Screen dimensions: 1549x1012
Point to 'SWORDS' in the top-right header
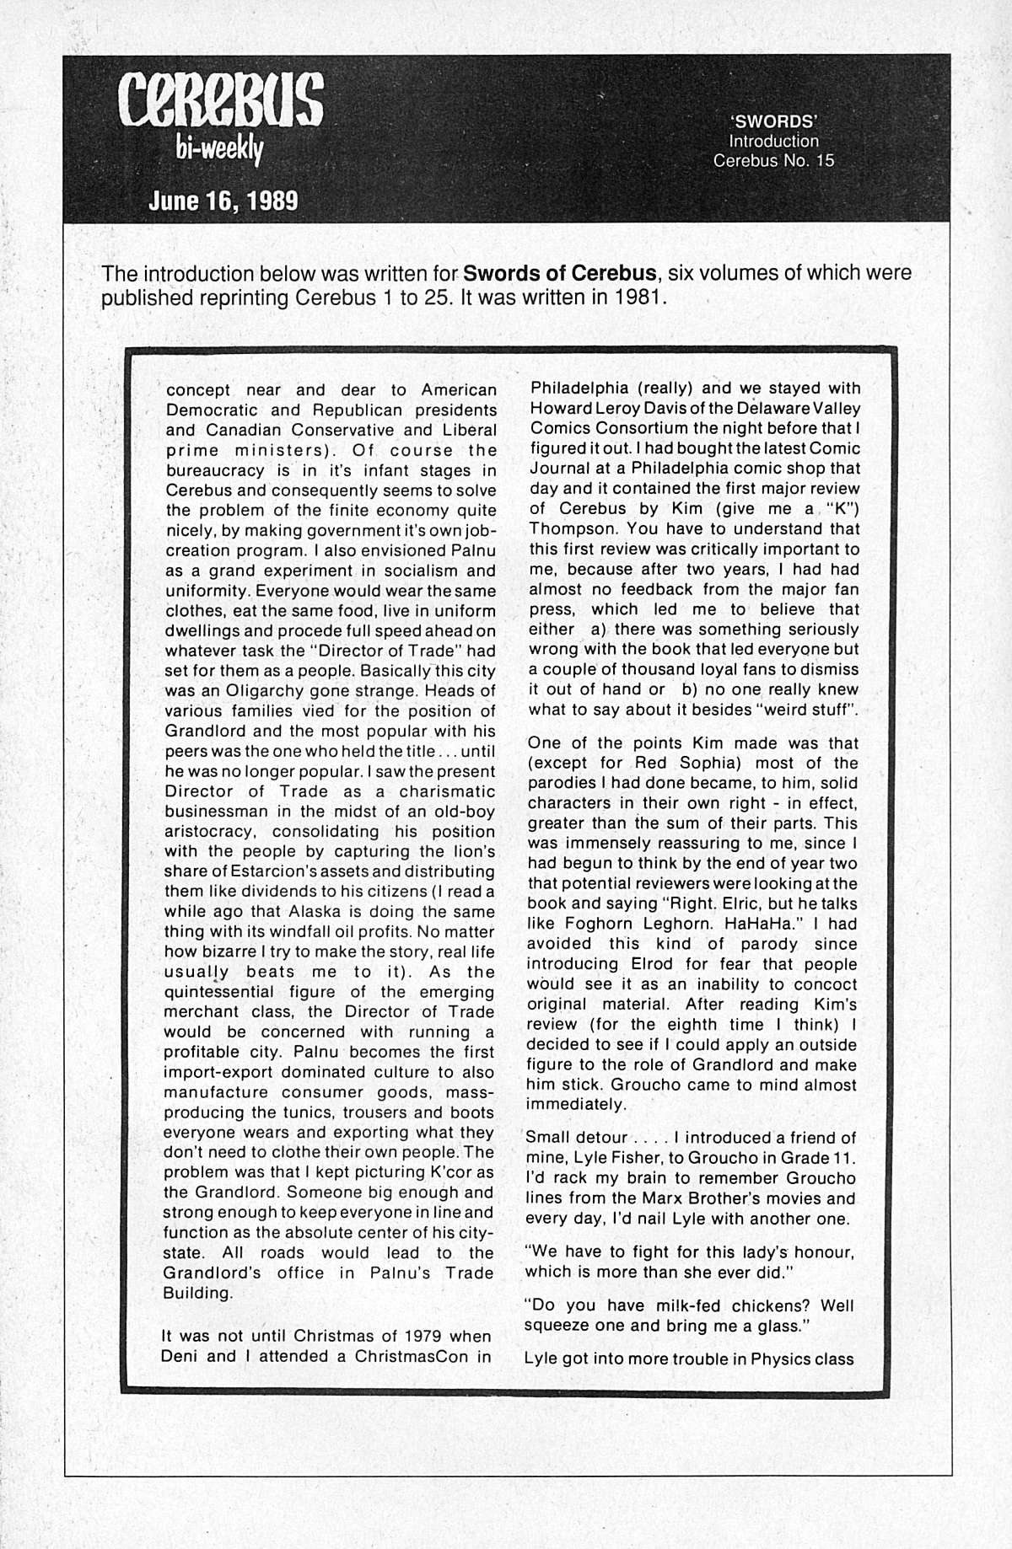pyautogui.click(x=766, y=121)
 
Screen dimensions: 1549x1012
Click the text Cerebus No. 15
pyautogui.click(x=773, y=160)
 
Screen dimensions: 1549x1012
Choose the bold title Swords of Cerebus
pyautogui.click(x=560, y=274)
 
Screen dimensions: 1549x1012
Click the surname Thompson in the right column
pyautogui.click(x=567, y=529)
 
